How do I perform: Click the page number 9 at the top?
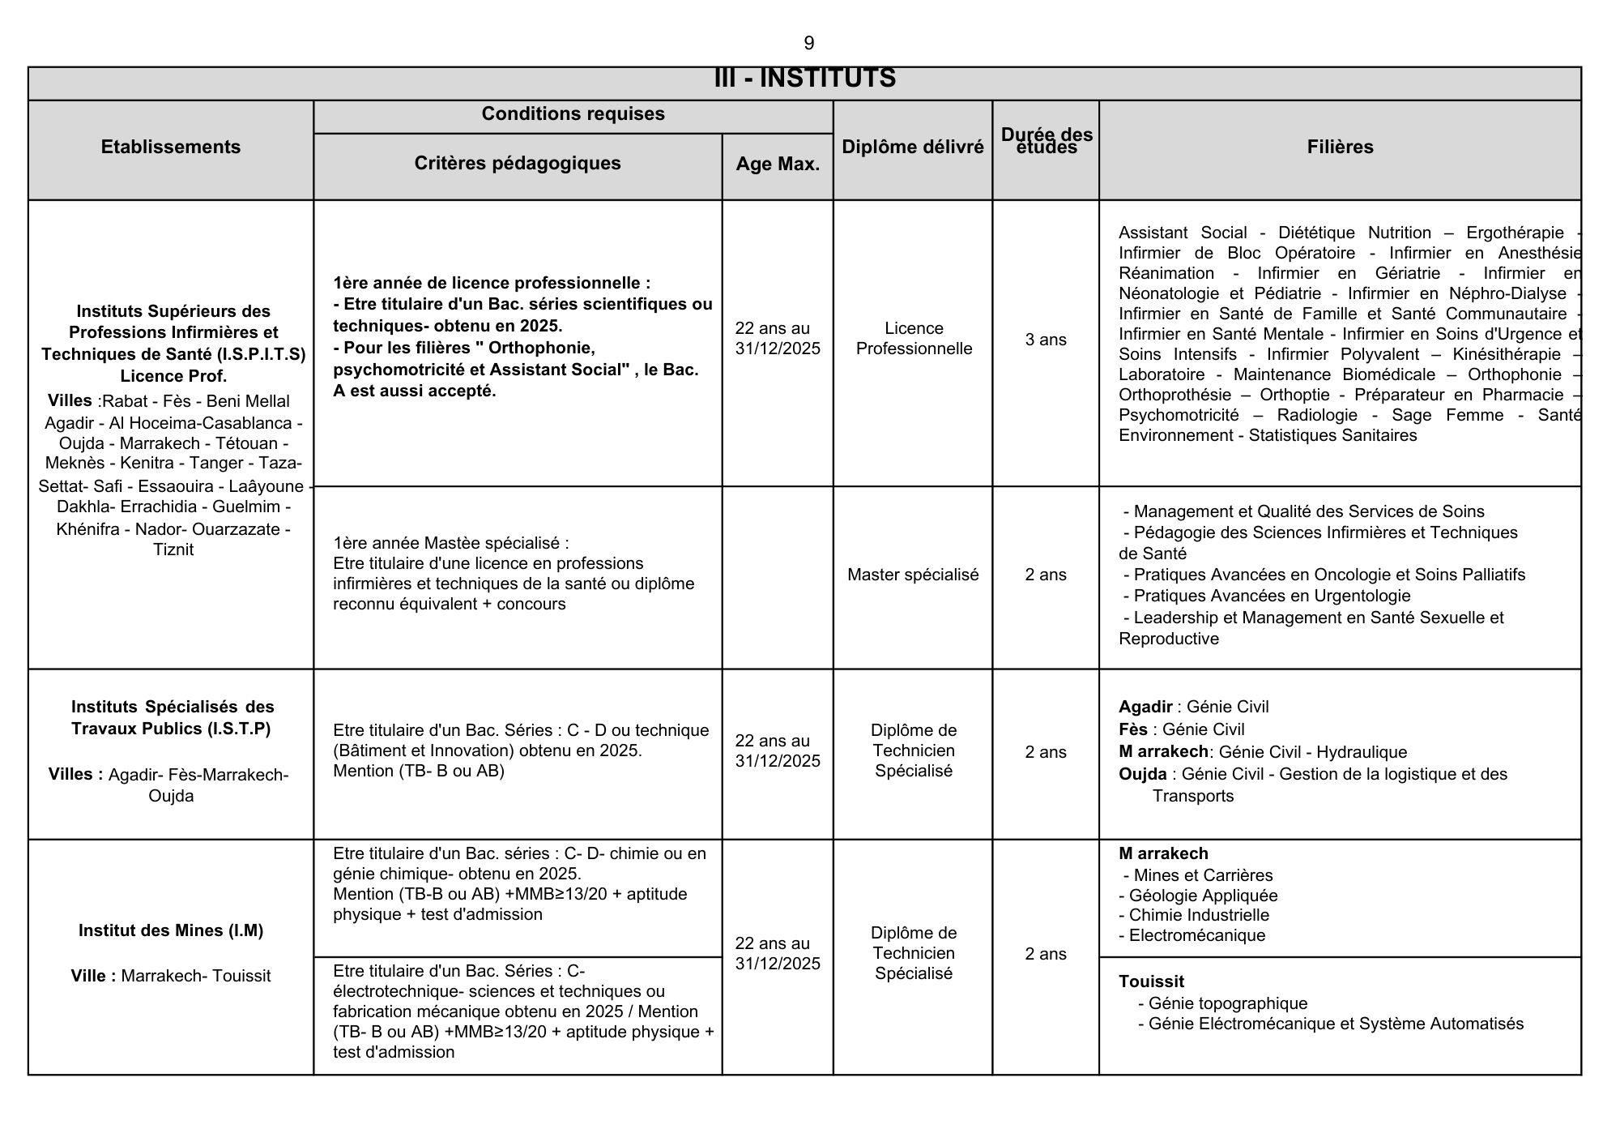808,43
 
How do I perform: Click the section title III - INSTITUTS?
804,79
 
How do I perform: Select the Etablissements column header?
171,147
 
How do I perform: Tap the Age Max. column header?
778,164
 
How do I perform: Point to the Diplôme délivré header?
913,147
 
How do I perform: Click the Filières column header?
1340,147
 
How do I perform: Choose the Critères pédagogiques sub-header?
518,163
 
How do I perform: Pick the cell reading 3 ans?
1046,340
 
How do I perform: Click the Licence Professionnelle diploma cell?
914,339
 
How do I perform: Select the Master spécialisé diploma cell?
913,575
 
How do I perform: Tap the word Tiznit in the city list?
173,549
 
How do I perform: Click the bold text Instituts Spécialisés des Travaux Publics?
172,717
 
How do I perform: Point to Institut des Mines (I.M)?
171,930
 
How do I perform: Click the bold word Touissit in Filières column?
1151,981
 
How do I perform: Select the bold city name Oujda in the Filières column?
1143,774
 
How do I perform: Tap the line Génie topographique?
1227,1003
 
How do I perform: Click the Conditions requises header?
573,113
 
